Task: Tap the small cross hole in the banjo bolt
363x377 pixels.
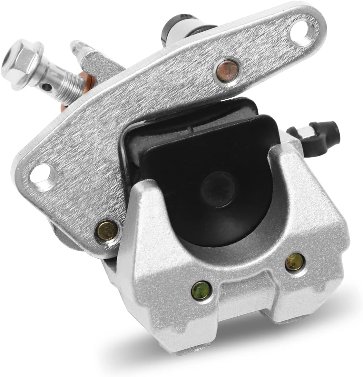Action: (48, 86)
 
